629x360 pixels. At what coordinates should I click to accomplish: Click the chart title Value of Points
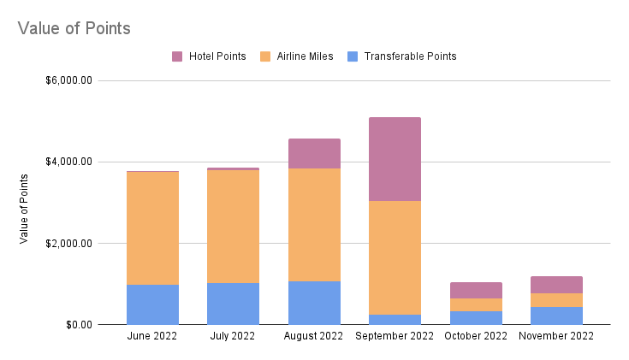point(74,28)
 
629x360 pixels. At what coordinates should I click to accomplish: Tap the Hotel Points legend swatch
point(177,56)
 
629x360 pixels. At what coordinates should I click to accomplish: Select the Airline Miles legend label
point(305,56)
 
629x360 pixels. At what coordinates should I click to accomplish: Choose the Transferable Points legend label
point(410,56)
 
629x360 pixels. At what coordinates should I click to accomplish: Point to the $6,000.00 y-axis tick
point(68,81)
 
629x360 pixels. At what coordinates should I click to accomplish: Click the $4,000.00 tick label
point(68,162)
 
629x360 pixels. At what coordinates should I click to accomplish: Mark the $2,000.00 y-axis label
point(68,244)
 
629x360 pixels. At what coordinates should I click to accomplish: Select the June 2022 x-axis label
point(152,337)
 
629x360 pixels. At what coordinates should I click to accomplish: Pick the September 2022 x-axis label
point(395,337)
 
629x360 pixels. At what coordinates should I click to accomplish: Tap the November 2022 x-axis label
point(556,337)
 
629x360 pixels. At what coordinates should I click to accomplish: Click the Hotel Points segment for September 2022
point(395,159)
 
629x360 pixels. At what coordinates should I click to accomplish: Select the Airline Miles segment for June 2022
point(152,228)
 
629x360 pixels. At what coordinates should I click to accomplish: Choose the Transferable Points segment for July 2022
point(233,304)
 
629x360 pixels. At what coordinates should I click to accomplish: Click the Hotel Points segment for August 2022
point(314,153)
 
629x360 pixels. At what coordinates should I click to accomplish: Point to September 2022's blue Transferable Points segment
point(395,319)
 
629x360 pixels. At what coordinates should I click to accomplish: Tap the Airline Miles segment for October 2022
point(476,304)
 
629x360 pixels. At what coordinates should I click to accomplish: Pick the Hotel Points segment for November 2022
point(556,285)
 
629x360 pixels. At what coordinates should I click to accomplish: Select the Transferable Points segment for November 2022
point(556,316)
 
